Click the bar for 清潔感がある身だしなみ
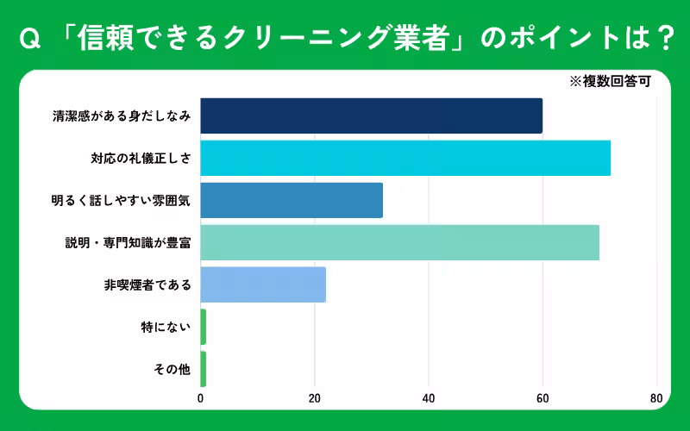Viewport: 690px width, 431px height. point(371,116)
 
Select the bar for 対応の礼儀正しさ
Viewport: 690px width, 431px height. point(405,158)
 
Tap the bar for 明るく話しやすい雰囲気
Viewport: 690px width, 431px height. point(292,200)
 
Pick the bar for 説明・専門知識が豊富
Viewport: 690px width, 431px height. point(399,242)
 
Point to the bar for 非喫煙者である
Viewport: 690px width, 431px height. point(263,284)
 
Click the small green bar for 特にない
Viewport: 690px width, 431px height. point(204,327)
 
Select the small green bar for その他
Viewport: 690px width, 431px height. point(204,369)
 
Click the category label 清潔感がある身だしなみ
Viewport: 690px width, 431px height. point(122,116)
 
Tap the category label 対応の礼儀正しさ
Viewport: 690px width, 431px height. point(141,158)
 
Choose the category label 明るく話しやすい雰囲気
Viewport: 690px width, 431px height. point(121,200)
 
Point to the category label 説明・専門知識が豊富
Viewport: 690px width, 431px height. point(128,242)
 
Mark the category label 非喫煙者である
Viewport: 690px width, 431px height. point(147,284)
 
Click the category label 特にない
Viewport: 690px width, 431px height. point(166,327)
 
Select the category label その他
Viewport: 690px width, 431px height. point(172,369)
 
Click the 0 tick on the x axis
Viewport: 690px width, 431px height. point(201,399)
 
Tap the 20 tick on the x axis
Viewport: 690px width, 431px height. point(315,399)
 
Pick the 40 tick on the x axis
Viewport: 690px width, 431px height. point(429,399)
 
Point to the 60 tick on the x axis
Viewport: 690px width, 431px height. point(543,399)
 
